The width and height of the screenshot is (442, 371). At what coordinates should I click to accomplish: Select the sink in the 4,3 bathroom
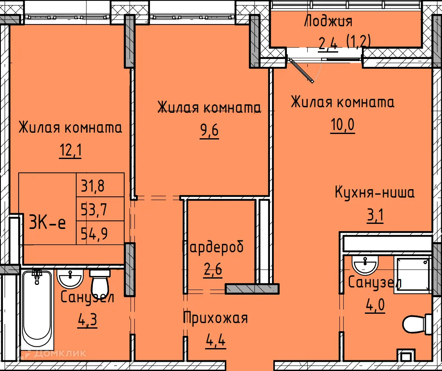pos(70,279)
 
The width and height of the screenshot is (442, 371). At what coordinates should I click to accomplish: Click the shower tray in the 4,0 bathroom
pos(412,275)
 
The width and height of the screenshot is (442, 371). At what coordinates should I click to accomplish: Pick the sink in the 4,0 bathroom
pos(364,266)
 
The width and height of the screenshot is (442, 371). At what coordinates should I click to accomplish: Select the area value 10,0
pos(342,126)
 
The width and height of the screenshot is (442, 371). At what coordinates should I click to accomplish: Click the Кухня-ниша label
pos(375,193)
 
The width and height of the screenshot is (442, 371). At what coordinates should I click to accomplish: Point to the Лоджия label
pos(328,21)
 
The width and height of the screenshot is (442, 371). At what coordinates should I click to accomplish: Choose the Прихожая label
pos(215,318)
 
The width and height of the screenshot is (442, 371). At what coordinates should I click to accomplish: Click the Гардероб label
pos(213,247)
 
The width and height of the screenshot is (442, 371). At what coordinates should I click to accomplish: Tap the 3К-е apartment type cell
pos(47,222)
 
